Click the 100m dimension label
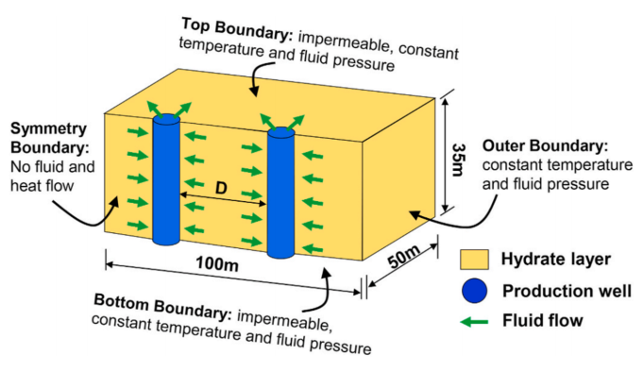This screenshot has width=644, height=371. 217,263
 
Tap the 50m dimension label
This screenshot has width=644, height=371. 404,257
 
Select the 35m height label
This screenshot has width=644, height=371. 458,160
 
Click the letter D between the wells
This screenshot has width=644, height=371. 221,188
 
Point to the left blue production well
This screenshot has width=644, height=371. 166,179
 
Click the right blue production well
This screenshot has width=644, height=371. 281,193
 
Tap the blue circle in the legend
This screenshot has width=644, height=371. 474,291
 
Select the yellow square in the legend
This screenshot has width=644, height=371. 474,260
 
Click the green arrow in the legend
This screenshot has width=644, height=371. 474,321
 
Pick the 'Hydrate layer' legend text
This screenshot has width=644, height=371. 555,260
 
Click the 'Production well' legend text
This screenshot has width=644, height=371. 567,291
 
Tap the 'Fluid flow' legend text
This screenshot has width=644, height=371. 543,321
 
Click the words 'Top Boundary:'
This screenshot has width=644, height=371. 237,29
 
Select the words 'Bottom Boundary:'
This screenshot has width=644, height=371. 163,307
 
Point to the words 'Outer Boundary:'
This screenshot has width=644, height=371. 545,145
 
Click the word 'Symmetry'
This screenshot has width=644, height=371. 48,129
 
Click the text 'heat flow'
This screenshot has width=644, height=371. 42,185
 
